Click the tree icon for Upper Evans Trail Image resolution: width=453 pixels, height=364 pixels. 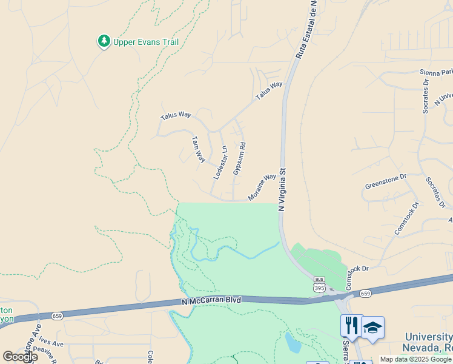pyautogui.click(x=104, y=41)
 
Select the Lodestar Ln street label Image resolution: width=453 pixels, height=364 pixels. pyautogui.click(x=220, y=162)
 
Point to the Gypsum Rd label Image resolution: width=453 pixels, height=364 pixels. pyautogui.click(x=239, y=159)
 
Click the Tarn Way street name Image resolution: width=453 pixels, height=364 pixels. pyautogui.click(x=198, y=149)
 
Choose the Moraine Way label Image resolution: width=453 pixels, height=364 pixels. pyautogui.click(x=262, y=187)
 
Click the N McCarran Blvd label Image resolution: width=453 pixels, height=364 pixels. pyautogui.click(x=211, y=301)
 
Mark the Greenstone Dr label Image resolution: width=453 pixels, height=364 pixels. pyautogui.click(x=385, y=181)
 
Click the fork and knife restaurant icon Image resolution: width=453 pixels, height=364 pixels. pyautogui.click(x=351, y=326)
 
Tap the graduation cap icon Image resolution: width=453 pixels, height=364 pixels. pyautogui.click(x=372, y=328)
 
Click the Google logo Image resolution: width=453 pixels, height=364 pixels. pyautogui.click(x=20, y=357)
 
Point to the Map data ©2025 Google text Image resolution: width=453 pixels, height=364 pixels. pyautogui.click(x=415, y=359)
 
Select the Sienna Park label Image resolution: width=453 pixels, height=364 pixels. pyautogui.click(x=436, y=73)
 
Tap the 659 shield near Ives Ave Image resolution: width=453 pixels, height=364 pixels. pyautogui.click(x=57, y=316)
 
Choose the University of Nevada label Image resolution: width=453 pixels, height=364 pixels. pyautogui.click(x=428, y=343)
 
